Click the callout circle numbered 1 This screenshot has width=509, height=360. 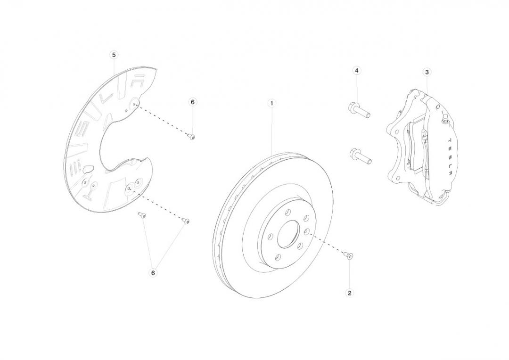[x=271, y=103]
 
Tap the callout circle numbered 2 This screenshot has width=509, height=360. [x=349, y=293]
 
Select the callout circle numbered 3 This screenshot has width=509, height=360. [x=427, y=72]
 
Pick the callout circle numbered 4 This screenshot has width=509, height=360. [x=357, y=70]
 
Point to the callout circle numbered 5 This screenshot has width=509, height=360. [x=114, y=55]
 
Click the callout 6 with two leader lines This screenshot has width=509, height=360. [x=153, y=272]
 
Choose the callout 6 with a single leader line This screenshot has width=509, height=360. [x=192, y=102]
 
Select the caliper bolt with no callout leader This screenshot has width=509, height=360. [x=361, y=156]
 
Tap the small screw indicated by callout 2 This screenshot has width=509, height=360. [x=349, y=255]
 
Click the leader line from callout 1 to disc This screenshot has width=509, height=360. [x=272, y=130]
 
